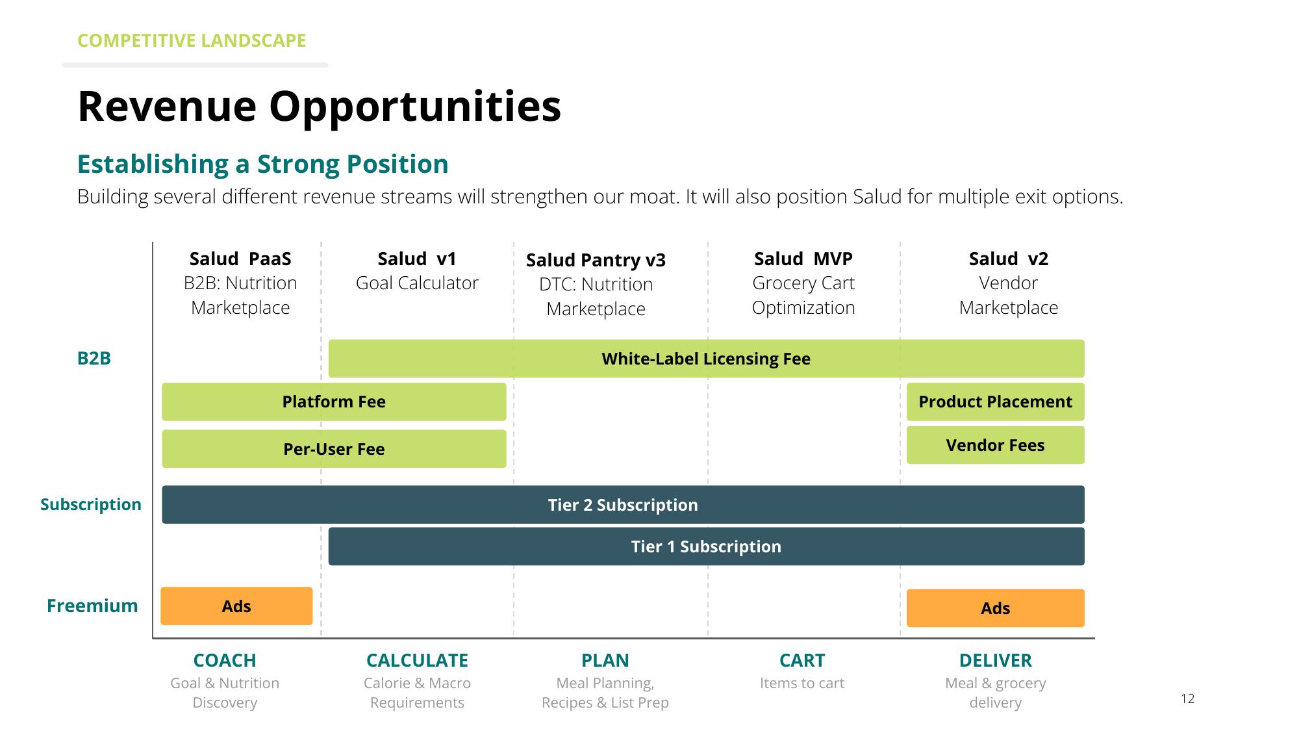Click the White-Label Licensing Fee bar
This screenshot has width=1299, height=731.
706,359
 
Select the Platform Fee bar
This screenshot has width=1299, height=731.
334,402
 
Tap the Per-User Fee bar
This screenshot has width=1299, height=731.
334,449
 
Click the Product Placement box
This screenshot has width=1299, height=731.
996,402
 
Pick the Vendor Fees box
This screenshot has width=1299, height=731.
996,445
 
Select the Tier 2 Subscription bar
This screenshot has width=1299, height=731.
623,505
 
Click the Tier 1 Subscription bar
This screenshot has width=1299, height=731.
706,546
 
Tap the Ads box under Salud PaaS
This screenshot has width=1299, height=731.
236,606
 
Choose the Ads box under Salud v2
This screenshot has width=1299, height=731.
996,608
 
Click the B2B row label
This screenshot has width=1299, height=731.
94,359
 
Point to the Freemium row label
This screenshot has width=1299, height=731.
92,606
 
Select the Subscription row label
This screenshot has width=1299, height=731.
91,504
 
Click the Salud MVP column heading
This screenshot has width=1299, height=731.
803,259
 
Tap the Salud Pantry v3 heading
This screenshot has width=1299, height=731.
596,260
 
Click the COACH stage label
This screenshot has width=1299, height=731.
225,660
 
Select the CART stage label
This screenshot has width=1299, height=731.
802,660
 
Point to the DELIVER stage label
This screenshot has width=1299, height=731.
996,660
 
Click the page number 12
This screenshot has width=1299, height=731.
1188,699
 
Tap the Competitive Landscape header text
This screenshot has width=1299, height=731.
192,40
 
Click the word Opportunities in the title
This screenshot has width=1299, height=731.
415,107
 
